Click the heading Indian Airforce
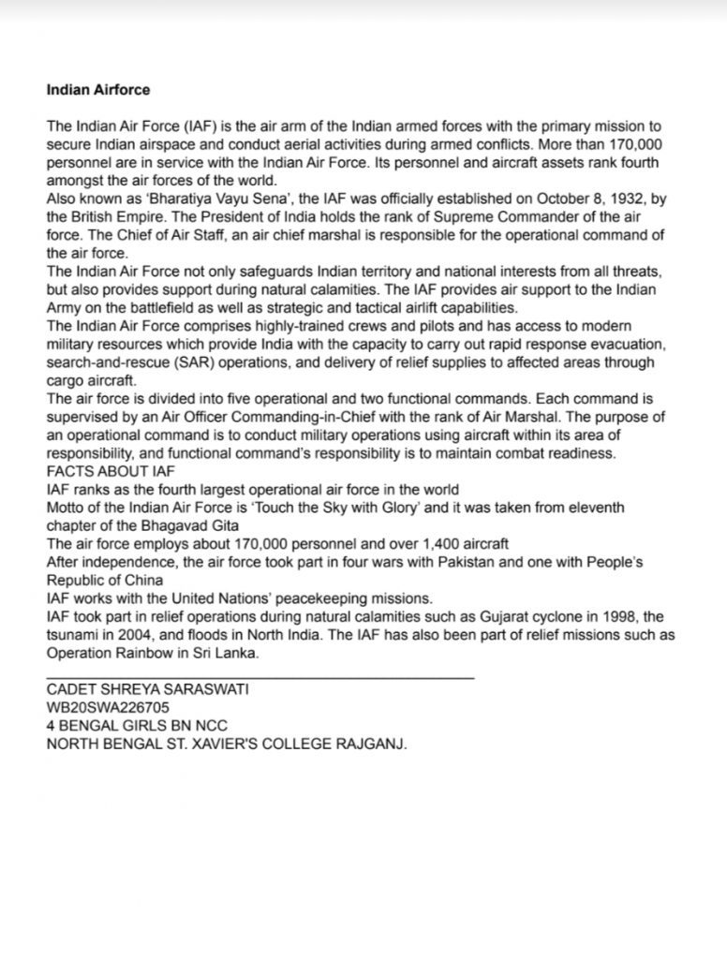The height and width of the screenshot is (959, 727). (x=97, y=91)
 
